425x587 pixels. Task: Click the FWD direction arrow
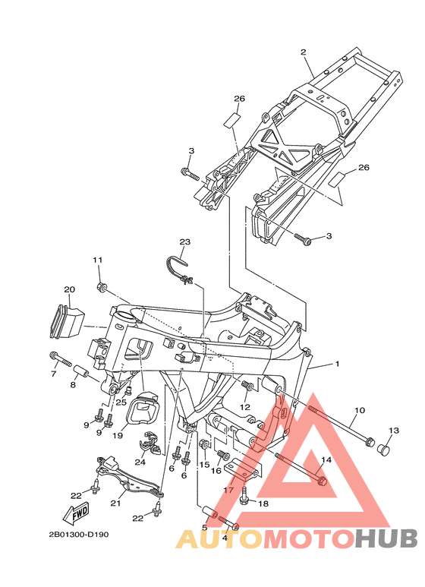77,513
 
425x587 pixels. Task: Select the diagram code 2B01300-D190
79,534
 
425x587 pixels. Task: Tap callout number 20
69,289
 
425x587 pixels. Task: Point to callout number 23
185,241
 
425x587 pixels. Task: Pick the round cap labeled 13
382,447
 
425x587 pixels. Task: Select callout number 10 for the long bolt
359,410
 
